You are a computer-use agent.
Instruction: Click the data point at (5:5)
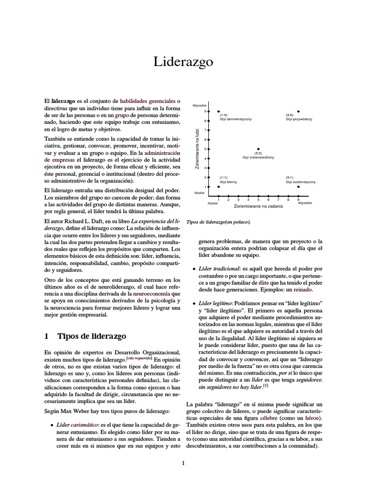[259, 149]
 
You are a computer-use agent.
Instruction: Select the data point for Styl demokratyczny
[218, 111]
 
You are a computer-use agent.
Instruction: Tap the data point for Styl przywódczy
[298, 111]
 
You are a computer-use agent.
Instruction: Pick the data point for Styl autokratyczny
[298, 187]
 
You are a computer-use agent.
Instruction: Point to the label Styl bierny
[228, 182]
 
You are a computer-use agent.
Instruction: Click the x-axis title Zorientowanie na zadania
[258, 206]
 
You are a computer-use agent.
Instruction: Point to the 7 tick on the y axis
[209, 130]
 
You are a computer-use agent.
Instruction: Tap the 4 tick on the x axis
[248, 196]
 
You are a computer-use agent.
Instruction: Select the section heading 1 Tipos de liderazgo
[85, 336]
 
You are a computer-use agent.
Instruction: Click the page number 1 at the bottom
[183, 463]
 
